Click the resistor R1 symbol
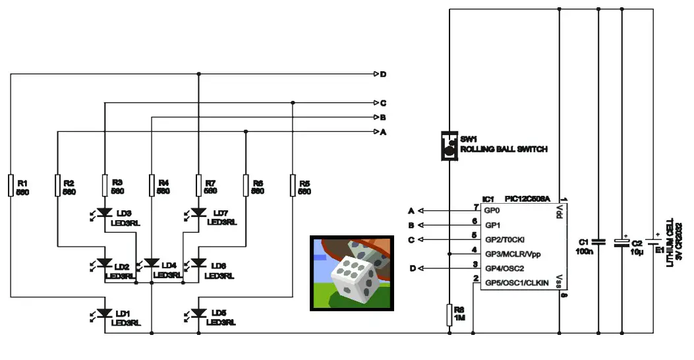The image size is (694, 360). (11, 186)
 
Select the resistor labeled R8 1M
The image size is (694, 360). (449, 314)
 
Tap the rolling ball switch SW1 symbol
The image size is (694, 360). (449, 145)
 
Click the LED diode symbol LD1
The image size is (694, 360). (104, 313)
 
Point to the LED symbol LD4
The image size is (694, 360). (152, 264)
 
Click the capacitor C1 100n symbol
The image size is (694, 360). (598, 241)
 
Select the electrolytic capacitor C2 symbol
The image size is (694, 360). (622, 242)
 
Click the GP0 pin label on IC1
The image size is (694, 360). (493, 210)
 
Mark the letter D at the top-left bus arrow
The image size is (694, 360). (383, 74)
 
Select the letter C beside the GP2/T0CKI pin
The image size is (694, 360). (411, 240)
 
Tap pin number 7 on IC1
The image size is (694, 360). (475, 207)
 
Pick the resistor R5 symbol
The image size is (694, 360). (293, 186)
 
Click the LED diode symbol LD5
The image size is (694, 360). (198, 313)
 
